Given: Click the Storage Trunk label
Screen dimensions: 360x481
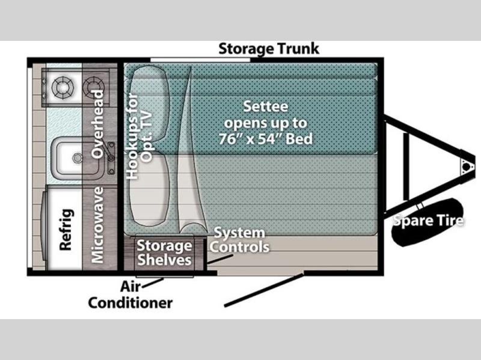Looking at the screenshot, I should (x=268, y=48).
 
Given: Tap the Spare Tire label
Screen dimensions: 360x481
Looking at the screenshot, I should (x=428, y=221).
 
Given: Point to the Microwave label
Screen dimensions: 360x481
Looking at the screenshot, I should (x=98, y=225).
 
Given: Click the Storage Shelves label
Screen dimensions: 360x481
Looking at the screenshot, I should (x=164, y=252).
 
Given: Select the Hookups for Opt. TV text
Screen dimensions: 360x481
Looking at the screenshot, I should (x=138, y=138).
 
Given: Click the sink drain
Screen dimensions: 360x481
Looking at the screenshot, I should (x=76, y=158).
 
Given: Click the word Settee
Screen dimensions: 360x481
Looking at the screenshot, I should (x=266, y=108).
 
